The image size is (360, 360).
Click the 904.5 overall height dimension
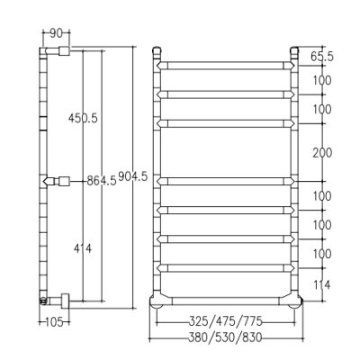[133, 177]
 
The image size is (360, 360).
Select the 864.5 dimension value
[102, 181]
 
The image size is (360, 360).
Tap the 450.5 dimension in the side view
[83, 118]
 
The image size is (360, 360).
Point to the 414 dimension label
[83, 248]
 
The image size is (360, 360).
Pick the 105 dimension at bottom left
[54, 322]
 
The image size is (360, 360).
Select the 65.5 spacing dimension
[321, 57]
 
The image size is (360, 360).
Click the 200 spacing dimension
[322, 153]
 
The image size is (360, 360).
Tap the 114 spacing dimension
[321, 284]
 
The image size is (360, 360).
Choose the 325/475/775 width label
[226, 321]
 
